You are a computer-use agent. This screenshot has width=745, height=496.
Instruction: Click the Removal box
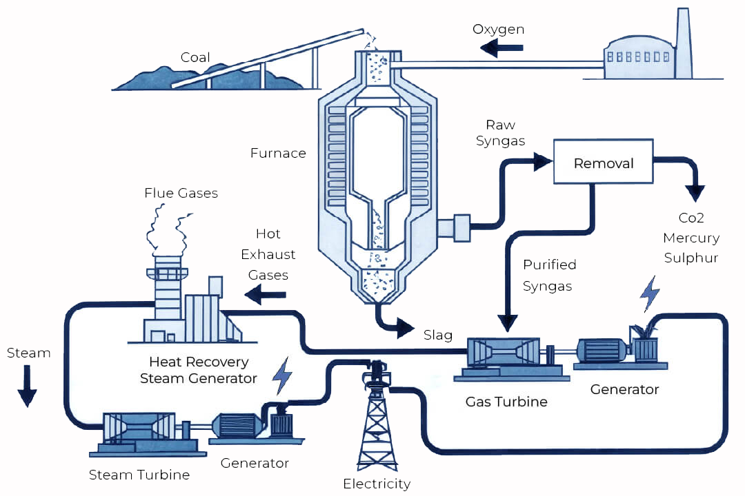click(x=604, y=163)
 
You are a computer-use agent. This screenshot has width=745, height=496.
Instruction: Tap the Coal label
click(x=195, y=57)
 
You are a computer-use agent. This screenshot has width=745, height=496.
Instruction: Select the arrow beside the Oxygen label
click(x=502, y=48)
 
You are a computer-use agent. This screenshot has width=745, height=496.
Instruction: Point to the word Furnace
click(x=278, y=153)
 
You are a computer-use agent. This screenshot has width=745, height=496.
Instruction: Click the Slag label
click(x=438, y=335)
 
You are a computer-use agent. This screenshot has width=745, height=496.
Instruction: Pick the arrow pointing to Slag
click(x=404, y=329)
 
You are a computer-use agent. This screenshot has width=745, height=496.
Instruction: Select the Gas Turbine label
click(x=507, y=401)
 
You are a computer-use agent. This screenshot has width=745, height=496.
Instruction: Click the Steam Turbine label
click(x=139, y=475)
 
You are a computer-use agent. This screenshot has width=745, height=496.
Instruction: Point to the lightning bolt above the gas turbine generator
click(x=649, y=294)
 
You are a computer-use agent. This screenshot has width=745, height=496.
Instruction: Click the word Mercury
click(x=691, y=238)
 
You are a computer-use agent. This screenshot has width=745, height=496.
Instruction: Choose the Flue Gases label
click(x=181, y=194)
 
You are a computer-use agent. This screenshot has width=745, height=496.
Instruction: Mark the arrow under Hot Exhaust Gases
click(x=266, y=296)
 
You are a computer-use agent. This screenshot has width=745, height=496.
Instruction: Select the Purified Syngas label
click(x=549, y=275)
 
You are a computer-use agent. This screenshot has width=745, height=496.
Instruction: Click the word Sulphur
click(x=691, y=258)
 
